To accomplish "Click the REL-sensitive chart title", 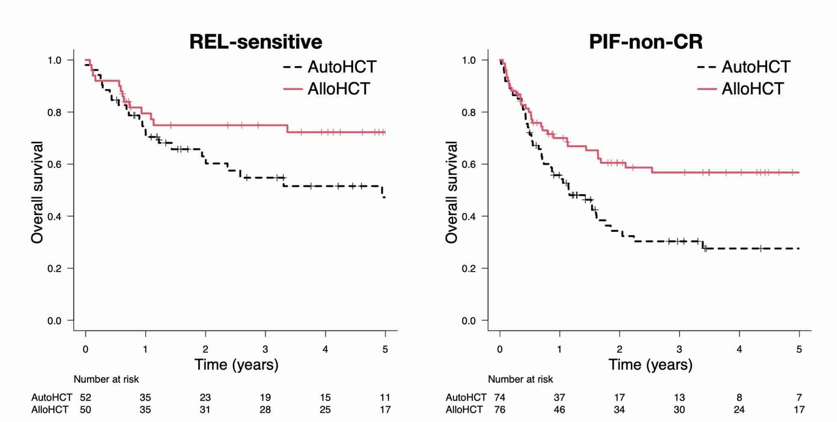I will point(256,42).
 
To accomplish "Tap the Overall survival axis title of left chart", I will point(37,192).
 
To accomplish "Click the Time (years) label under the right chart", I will point(650,365).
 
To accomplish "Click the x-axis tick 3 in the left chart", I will point(265,349).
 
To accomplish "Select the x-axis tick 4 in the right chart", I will point(740,349).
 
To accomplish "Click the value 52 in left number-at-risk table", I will point(86,397).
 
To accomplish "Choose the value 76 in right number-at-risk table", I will point(500,410).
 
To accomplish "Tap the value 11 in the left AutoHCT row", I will point(385,397).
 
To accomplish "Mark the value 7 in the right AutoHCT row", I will point(799,397).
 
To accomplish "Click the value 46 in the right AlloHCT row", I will point(560,410).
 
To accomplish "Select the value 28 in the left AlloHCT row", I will point(265,410).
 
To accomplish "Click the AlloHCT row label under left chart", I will point(52,410).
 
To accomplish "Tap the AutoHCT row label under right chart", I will point(466,397).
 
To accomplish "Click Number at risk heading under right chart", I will point(520,379).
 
